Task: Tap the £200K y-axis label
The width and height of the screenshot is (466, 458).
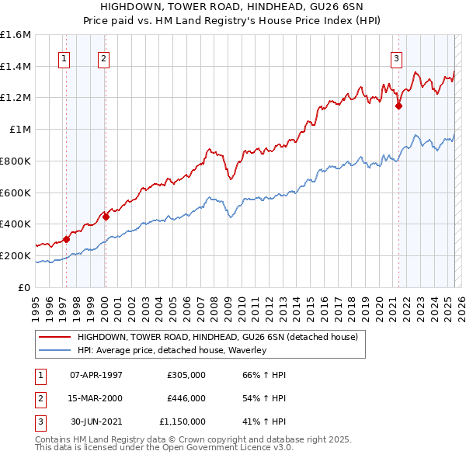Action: point(16,255)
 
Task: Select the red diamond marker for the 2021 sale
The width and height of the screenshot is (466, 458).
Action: point(399,106)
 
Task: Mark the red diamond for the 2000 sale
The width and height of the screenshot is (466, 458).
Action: point(106,217)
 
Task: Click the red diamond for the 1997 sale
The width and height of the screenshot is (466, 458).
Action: point(66,239)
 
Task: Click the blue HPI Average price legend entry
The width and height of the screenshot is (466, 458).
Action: point(172,351)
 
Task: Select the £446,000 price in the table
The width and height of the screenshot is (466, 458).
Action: point(186,398)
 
